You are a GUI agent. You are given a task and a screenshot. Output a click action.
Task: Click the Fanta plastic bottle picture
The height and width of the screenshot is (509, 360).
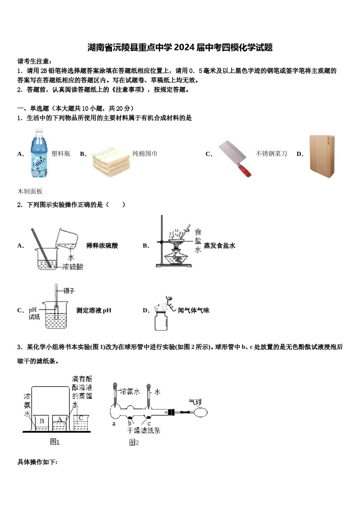(x=39, y=153)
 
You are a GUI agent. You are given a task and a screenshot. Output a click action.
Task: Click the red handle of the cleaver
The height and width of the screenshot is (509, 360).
(x=244, y=170)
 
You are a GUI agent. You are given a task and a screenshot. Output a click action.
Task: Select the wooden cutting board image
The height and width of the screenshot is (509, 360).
(x=322, y=156)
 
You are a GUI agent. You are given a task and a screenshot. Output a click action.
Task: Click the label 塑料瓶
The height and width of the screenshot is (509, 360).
(x=61, y=153)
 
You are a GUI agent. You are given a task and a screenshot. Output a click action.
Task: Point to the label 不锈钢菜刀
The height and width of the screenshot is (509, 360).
(x=271, y=153)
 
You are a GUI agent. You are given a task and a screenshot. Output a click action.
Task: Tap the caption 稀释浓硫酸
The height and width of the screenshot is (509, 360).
(x=102, y=245)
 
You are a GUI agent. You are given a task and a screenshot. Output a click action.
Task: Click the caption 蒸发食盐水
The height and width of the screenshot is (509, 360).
(x=220, y=245)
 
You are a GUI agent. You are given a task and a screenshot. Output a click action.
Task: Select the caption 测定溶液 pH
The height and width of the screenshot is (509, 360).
(x=94, y=310)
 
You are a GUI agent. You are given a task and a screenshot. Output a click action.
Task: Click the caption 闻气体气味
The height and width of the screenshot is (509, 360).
(x=194, y=310)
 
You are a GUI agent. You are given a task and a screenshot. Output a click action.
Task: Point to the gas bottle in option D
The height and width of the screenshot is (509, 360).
(x=161, y=320)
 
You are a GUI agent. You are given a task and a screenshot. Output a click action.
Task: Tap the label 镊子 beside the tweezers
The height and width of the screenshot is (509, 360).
(x=69, y=290)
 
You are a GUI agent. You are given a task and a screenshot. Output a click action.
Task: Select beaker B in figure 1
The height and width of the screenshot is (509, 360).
(x=41, y=423)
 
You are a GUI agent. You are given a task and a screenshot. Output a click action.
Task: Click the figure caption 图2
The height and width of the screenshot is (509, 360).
(x=134, y=442)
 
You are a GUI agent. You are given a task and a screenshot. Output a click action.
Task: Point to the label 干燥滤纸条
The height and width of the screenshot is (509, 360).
(x=144, y=431)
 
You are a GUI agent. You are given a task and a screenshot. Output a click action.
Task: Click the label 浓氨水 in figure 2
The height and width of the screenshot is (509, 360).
(x=130, y=391)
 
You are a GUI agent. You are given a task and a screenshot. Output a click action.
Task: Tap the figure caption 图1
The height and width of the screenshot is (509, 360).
(x=55, y=442)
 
